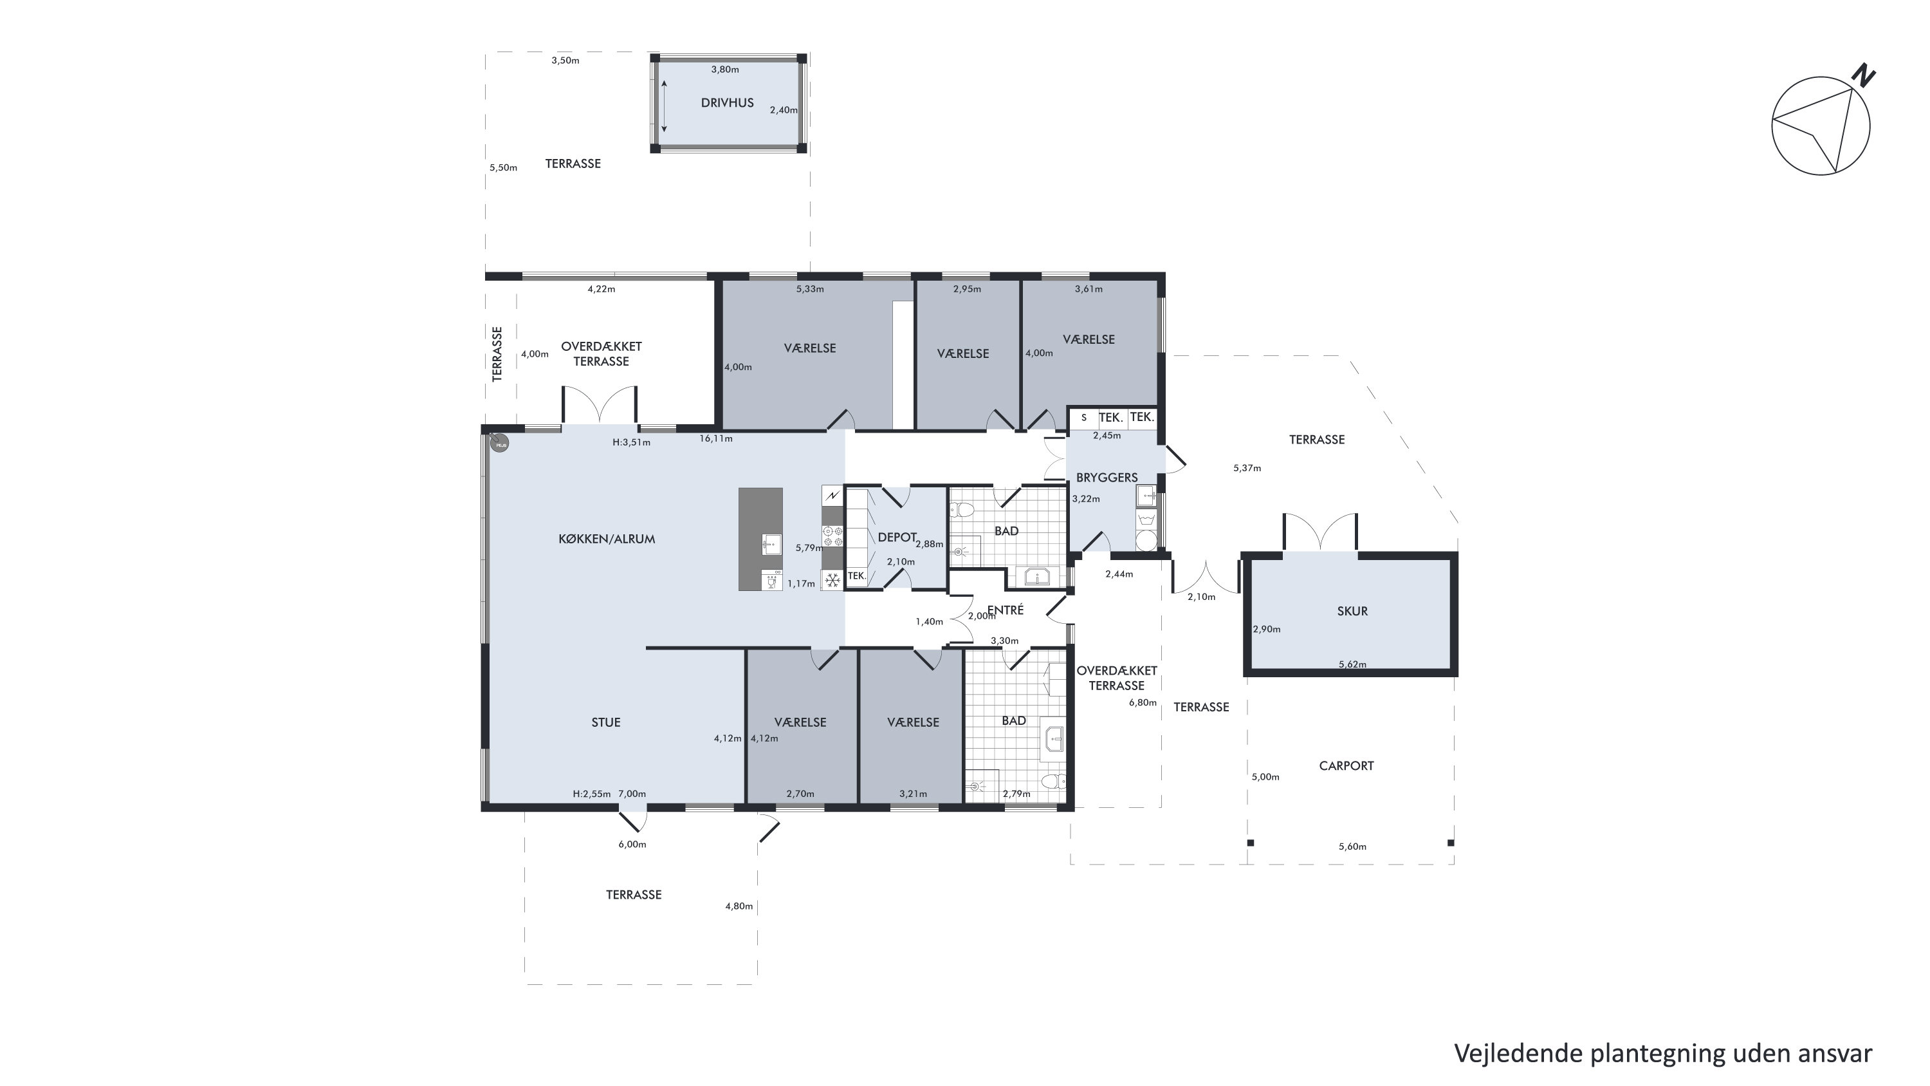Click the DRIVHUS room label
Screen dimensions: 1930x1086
pos(727,103)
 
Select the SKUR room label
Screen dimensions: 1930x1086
pos(1352,611)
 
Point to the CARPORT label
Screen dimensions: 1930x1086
pos(1346,765)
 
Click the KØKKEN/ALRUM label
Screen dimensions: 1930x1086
pos(607,538)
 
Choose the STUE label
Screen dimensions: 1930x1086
pos(606,722)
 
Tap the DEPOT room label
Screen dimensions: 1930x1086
pos(897,537)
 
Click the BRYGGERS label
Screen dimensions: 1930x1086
pos(1107,478)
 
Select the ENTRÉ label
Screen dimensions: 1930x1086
pos(1006,610)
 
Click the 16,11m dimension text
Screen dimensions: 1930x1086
pos(716,438)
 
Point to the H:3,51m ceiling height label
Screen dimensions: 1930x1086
pos(632,442)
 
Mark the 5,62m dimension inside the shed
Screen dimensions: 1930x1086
pos(1352,664)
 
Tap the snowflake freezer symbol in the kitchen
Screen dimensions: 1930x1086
pos(832,579)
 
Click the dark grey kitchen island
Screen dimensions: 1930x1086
pos(760,539)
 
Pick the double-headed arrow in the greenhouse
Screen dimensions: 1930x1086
pos(664,106)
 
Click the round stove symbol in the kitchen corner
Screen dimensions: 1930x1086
pos(500,444)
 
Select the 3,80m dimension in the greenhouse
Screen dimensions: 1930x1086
pos(725,70)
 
